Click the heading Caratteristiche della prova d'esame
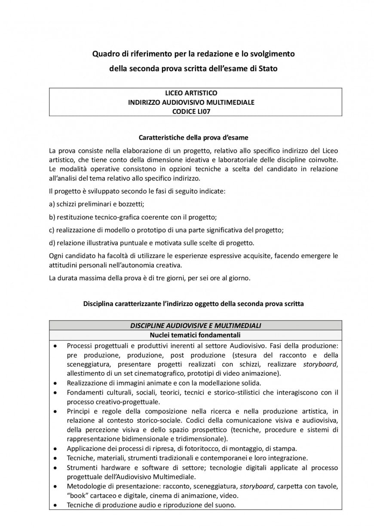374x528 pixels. tap(193, 138)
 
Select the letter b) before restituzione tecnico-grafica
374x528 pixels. tap(52, 217)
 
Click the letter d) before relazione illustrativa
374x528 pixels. tap(52, 243)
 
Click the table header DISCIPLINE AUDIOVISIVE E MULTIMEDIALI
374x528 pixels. tap(195, 326)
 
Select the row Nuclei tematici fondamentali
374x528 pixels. tap(195, 335)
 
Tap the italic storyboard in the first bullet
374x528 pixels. tap(320, 364)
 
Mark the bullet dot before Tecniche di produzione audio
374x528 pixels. tap(55, 505)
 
